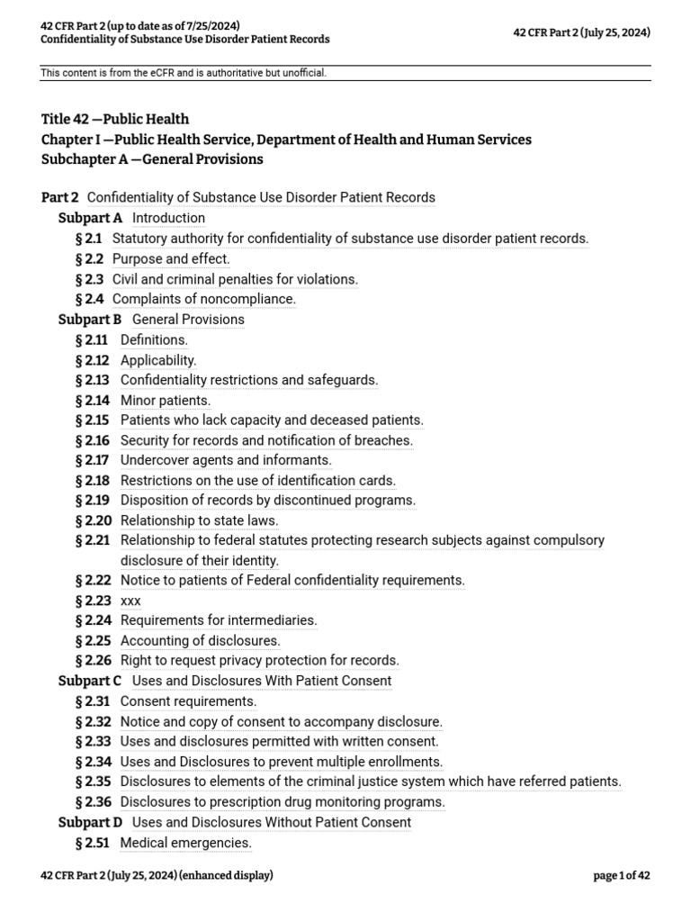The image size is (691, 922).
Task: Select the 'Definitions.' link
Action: tap(154, 340)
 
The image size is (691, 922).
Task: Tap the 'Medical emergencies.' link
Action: tap(185, 843)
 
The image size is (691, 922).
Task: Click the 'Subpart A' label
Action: tap(90, 218)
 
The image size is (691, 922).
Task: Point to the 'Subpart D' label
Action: tap(90, 822)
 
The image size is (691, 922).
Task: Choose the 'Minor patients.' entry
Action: tap(166, 401)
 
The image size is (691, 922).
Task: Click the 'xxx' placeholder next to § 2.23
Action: tap(130, 601)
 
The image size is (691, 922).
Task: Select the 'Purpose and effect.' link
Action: tap(171, 259)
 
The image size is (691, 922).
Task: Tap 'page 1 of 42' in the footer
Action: tap(622, 875)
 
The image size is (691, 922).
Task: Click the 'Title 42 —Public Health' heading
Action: tap(115, 119)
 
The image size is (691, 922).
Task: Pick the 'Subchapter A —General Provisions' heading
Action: tap(152, 159)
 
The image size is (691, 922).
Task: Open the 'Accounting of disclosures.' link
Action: tap(200, 641)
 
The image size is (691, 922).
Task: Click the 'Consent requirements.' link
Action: tap(188, 701)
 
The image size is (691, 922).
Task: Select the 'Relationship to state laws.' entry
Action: tap(199, 520)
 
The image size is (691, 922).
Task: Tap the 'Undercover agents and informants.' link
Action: tap(226, 460)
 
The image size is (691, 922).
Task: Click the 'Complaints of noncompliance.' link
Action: tap(203, 299)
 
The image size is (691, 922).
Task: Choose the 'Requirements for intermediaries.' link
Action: tap(219, 620)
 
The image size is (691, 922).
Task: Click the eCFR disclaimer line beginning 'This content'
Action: tap(184, 73)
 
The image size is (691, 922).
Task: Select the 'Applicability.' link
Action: tap(158, 360)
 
